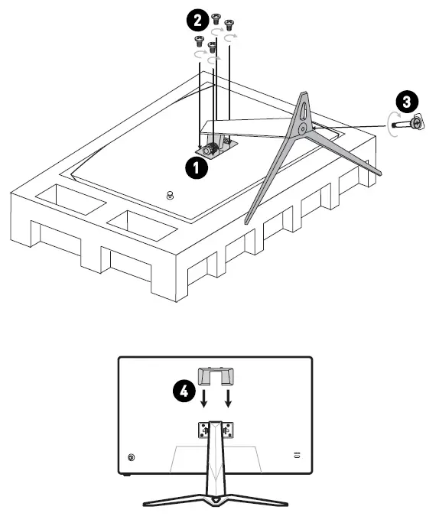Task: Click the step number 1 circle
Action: pos(199,167)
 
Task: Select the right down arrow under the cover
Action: pos(228,398)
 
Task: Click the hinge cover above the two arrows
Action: pos(216,375)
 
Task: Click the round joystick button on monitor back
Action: pos(131,458)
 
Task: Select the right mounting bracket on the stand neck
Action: pos(228,430)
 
